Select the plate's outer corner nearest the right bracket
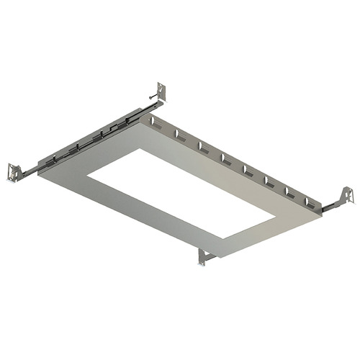321,214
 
